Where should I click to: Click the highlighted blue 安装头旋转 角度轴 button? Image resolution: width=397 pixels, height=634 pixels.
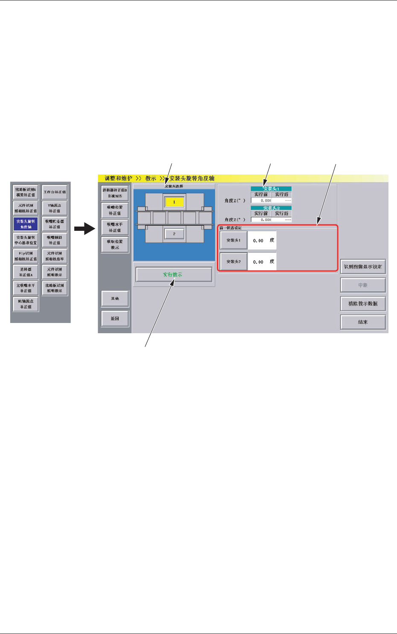point(26,224)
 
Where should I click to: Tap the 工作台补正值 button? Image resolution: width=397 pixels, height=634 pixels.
point(55,192)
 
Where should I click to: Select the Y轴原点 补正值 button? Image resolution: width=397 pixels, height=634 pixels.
point(55,208)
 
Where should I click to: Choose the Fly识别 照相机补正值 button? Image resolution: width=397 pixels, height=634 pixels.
point(26,256)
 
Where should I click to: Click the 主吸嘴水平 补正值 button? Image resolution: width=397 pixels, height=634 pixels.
point(26,288)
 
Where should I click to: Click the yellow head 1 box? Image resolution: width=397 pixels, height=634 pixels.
point(174,202)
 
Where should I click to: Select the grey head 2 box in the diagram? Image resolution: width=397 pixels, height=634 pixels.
point(174,234)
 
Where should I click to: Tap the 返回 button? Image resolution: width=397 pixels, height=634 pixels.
point(115,319)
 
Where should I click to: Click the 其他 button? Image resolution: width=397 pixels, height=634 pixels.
point(115,299)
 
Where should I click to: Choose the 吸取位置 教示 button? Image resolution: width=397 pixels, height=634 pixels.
point(115,244)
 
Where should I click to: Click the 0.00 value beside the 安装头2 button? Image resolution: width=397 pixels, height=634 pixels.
point(258,262)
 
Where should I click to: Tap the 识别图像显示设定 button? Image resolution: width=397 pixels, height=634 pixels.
point(363,267)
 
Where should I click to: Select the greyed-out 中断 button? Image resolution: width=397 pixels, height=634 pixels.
point(363,285)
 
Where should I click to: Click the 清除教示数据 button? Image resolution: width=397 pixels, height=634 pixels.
point(363,304)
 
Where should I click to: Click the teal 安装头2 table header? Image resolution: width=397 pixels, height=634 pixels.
point(271,208)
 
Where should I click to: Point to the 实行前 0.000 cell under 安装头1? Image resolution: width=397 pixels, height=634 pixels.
point(261,200)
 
